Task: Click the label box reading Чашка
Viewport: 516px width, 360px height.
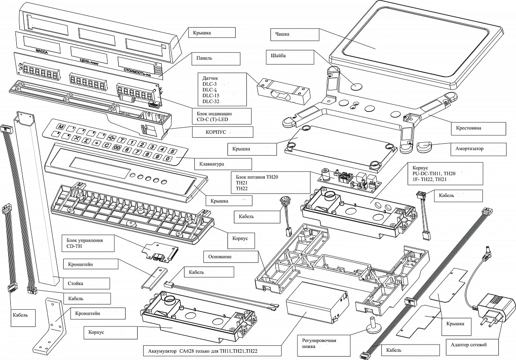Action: pos(295,34)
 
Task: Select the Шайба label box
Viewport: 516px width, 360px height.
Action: pos(290,57)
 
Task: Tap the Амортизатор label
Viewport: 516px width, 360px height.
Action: pos(479,149)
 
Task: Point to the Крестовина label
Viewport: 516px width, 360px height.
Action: pos(478,129)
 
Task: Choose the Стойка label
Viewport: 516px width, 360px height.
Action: pos(86,283)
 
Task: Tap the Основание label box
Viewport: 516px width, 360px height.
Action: pos(230,257)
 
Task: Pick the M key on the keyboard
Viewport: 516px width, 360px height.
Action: pos(61,127)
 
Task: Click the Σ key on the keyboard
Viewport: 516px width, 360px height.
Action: pos(86,141)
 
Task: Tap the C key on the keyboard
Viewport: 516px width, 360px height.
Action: pos(106,145)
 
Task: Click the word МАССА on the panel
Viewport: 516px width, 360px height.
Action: pos(42,52)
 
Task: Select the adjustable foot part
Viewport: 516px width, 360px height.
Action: pos(373,325)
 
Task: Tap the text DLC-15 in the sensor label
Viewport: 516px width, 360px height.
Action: pos(211,95)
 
